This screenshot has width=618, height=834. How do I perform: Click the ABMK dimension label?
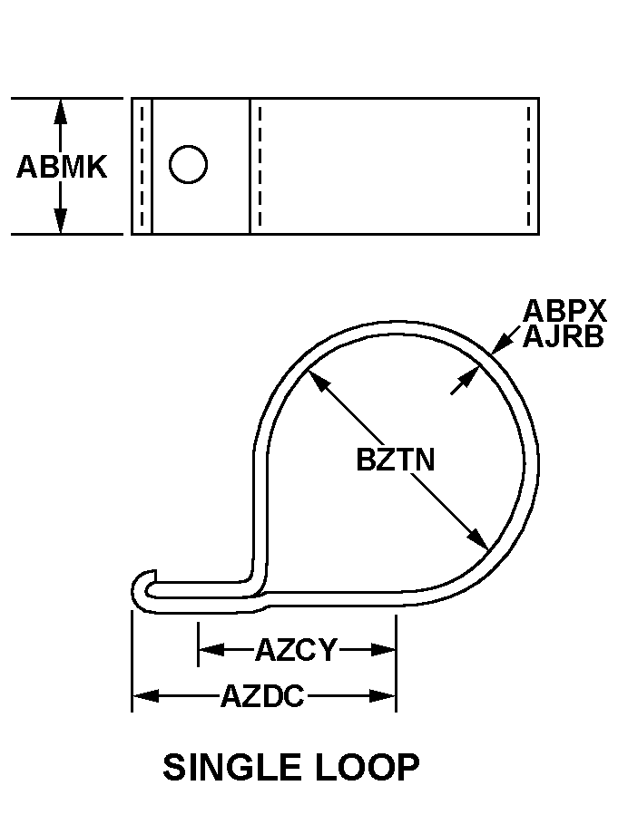click(x=62, y=167)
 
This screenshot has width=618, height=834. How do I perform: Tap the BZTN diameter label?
click(x=396, y=460)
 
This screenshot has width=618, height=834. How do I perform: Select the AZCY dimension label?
click(x=297, y=650)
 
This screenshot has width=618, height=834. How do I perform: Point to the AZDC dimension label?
click(x=262, y=695)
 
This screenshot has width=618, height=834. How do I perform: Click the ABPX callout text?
click(x=564, y=311)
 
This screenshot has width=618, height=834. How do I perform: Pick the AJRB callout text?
click(x=564, y=336)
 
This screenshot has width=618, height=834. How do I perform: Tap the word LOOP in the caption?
click(x=367, y=768)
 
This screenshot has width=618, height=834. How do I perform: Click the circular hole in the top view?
click(x=188, y=164)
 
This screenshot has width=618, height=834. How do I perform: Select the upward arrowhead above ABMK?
click(x=61, y=112)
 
